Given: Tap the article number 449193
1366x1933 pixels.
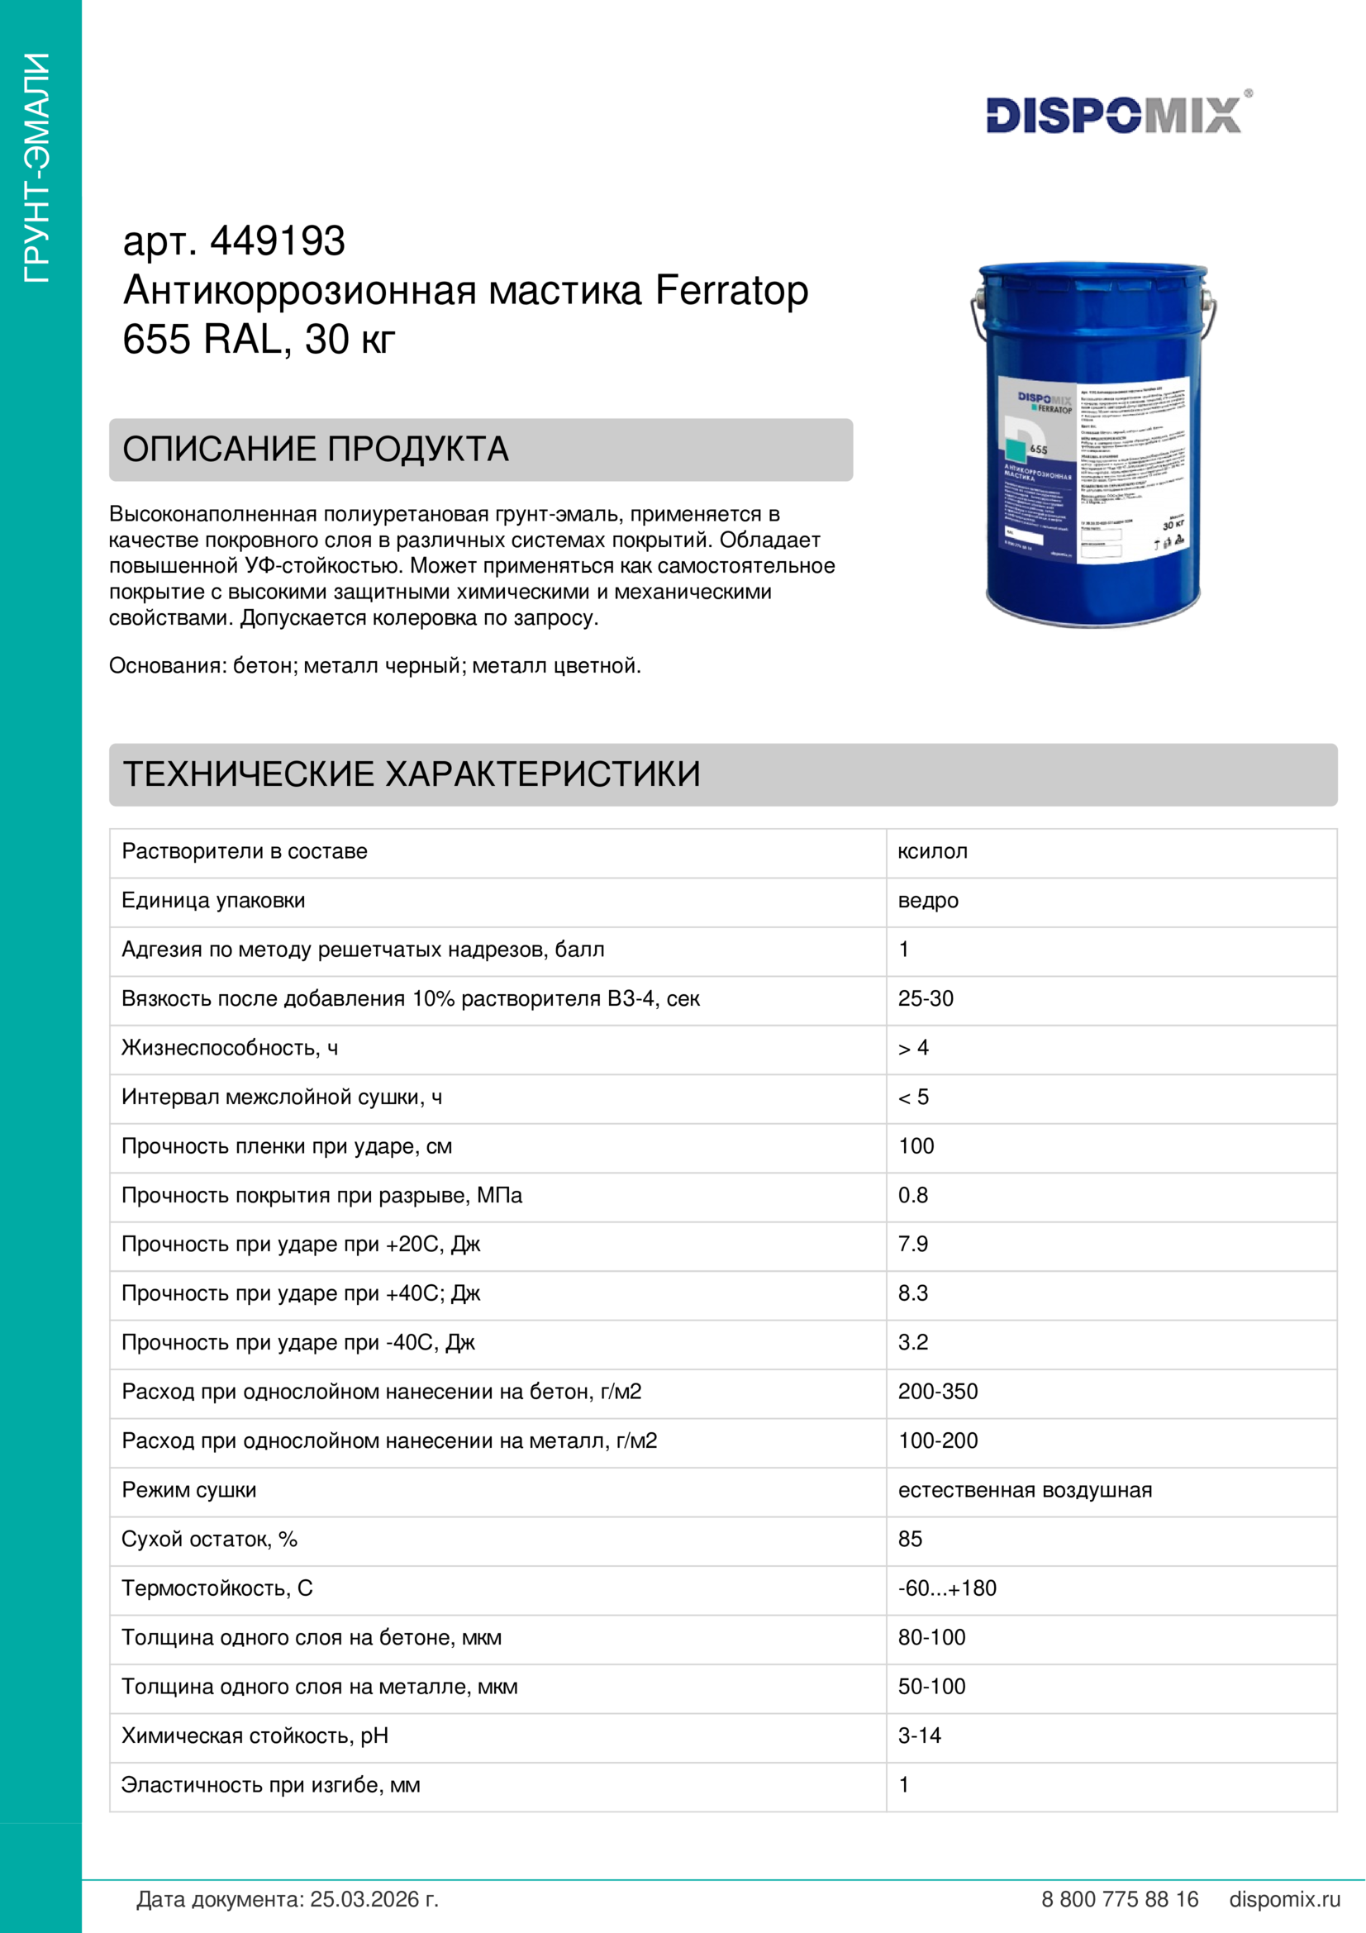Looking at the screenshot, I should coord(277,241).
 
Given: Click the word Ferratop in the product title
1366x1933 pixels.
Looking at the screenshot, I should coord(731,290).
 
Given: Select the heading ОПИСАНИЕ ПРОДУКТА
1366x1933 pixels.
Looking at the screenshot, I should coord(316,450).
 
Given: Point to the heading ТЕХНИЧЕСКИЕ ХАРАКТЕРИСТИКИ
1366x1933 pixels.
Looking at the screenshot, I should coord(412,774).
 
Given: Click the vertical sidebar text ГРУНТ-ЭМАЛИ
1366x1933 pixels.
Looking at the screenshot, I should coord(38,168).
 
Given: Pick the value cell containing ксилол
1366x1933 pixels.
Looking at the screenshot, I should coord(932,851).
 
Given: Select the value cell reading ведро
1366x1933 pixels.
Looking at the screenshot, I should coord(927,901).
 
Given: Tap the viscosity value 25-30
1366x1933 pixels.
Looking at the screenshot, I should coord(925,998).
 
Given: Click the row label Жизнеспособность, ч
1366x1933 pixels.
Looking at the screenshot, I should coord(230,1048).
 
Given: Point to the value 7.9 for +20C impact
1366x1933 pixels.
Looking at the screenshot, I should coord(912,1245).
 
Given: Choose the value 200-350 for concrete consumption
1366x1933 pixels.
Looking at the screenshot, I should coord(938,1392).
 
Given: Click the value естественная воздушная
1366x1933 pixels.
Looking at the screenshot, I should coord(1024,1490).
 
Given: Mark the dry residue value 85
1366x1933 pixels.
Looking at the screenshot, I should coord(910,1539).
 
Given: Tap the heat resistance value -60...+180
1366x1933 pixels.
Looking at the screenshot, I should coord(947,1588).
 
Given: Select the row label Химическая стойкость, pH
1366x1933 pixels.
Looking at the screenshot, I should coord(255,1736).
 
